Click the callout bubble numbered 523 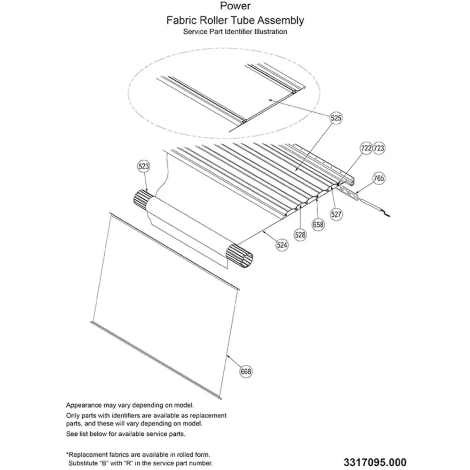click(143, 166)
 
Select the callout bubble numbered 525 click(336, 118)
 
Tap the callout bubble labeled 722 click(366, 148)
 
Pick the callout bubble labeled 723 click(379, 148)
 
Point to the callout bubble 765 click(379, 178)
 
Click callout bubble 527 click(336, 214)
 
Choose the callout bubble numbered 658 click(318, 225)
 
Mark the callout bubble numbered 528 click(300, 235)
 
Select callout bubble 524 click(282, 245)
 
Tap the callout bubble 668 click(246, 372)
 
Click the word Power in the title click(235, 6)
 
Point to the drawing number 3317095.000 click(375, 462)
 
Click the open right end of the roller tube click(241, 256)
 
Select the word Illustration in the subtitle click(271, 31)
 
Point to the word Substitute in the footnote click(84, 463)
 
